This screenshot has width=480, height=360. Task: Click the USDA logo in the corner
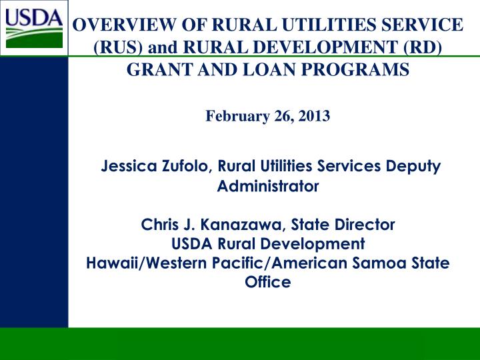coord(33,27)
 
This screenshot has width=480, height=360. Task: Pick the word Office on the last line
coord(268,282)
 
